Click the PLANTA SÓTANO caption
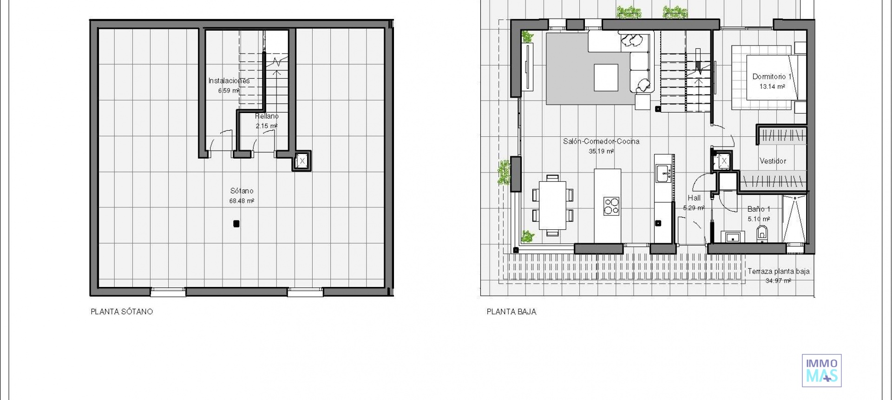tap(122, 312)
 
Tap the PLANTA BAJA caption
tap(511, 312)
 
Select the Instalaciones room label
tap(229, 80)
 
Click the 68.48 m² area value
tap(242, 201)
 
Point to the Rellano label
tap(267, 116)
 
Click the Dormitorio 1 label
tap(772, 77)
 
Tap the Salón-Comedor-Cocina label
tap(601, 141)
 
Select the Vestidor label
tap(773, 161)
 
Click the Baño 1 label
tap(759, 209)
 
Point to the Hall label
tap(694, 198)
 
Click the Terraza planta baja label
tap(778, 272)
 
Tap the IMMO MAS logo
tap(821, 370)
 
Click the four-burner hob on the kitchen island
tap(611, 206)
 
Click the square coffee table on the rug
tap(606, 77)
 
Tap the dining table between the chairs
tap(552, 205)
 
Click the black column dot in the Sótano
tap(236, 224)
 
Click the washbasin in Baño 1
tap(733, 237)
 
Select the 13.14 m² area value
tap(772, 87)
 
